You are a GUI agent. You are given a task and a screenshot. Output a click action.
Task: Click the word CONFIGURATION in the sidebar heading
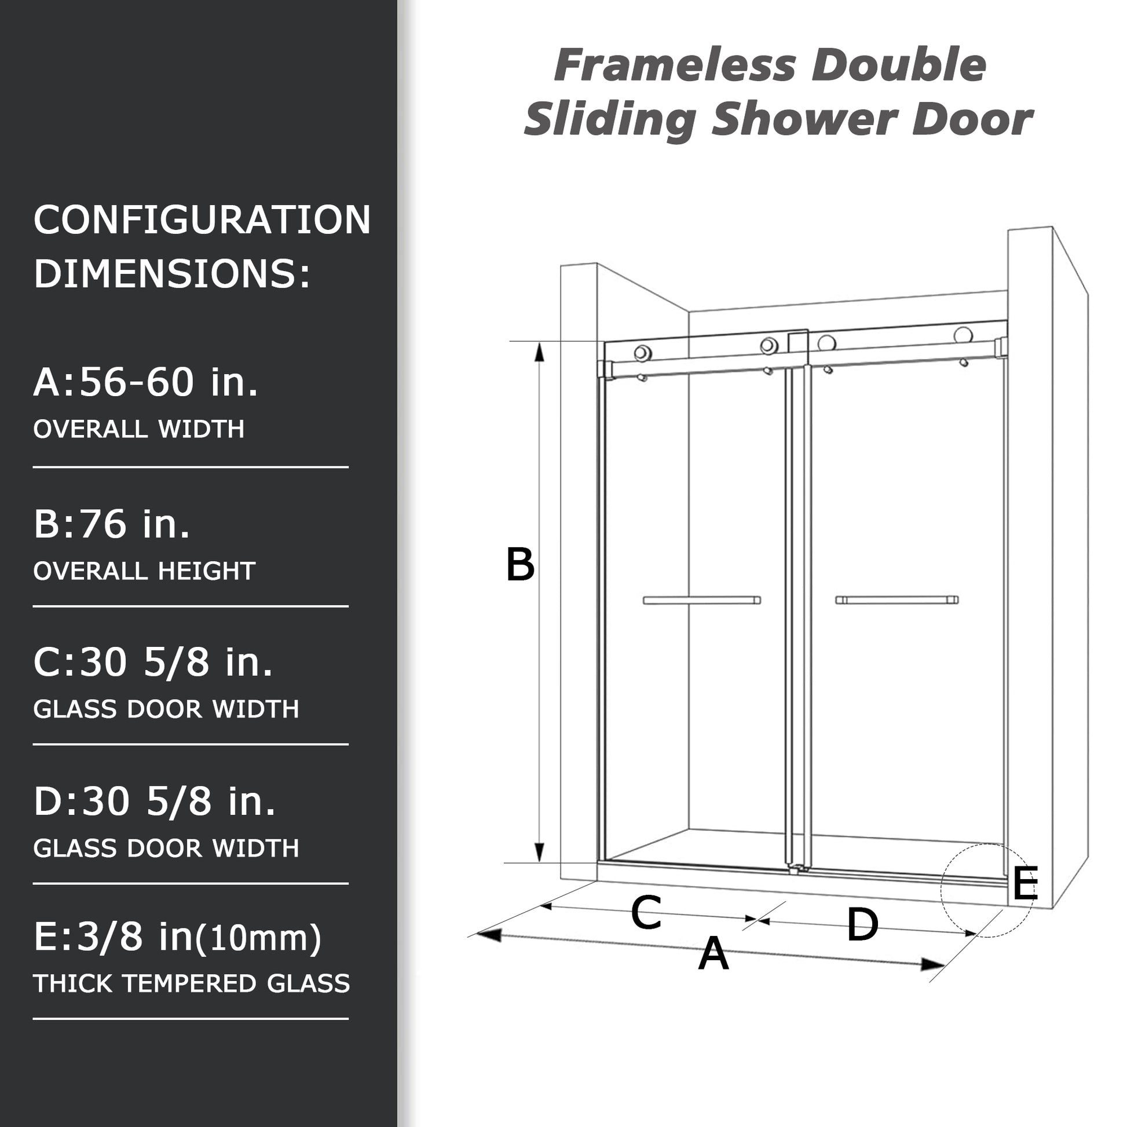202,221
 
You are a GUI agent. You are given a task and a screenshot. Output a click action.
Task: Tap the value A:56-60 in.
146,383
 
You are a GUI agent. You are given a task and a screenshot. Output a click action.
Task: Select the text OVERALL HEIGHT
144,571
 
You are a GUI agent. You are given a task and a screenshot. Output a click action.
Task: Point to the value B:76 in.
112,524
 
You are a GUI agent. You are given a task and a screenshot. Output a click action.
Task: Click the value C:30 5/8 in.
153,663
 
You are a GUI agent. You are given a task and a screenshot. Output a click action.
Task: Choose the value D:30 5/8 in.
155,802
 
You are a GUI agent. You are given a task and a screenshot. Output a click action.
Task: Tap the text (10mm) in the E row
259,939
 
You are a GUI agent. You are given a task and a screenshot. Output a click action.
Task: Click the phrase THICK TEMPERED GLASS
191,983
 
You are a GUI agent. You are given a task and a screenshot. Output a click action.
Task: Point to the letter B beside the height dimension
519,565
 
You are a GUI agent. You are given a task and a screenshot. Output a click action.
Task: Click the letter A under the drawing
713,954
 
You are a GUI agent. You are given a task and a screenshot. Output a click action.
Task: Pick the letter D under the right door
862,925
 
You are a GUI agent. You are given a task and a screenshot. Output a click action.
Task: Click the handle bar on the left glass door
702,600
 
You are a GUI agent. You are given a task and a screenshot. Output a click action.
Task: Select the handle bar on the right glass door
897,599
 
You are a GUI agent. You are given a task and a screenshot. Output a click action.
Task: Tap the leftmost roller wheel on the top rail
643,353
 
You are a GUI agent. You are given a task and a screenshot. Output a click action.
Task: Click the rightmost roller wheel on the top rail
963,335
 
